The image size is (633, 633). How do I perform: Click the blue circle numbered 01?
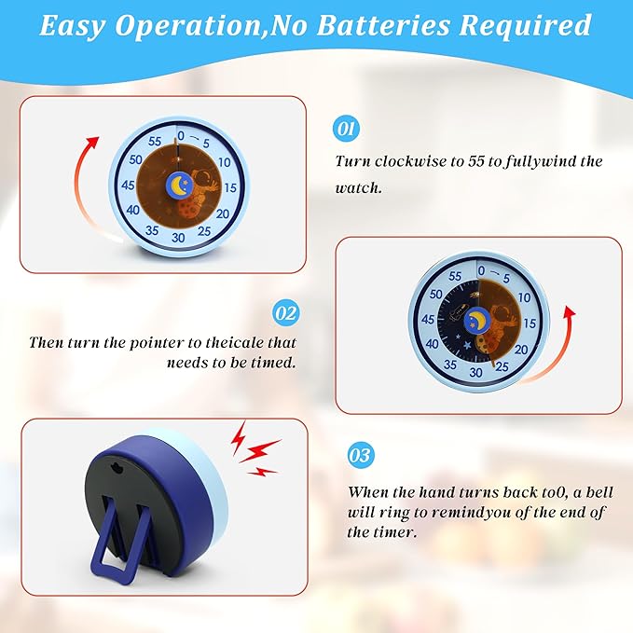pyautogui.click(x=347, y=130)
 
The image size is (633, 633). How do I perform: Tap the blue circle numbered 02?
pyautogui.click(x=286, y=313)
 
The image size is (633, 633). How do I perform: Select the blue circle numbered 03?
pyautogui.click(x=361, y=455)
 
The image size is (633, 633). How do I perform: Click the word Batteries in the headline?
pyautogui.click(x=383, y=25)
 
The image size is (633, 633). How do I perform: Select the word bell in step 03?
pyautogui.click(x=599, y=492)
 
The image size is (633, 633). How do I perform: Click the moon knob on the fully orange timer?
pyautogui.click(x=179, y=186)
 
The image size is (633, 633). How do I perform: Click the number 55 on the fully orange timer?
pyautogui.click(x=155, y=141)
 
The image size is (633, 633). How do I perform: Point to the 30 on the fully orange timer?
pyautogui.click(x=178, y=238)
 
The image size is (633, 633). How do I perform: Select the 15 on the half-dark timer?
pyautogui.click(x=530, y=323)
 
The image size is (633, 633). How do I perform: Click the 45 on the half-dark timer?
pyautogui.click(x=428, y=320)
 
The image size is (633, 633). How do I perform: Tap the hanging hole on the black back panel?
pyautogui.click(x=117, y=467)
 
